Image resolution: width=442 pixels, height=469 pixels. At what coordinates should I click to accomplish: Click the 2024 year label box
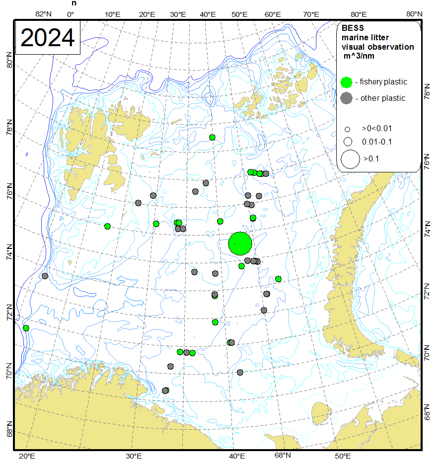point(48,38)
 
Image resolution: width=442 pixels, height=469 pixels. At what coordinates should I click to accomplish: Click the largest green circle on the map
point(240,243)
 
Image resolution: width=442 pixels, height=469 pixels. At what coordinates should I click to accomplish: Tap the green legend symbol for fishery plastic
point(348,82)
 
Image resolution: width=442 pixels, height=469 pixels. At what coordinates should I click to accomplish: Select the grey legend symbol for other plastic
point(348,98)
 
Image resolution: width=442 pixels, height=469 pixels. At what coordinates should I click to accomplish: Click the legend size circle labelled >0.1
point(350,159)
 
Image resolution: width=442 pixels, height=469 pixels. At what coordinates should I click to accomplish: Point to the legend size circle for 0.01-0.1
point(348,142)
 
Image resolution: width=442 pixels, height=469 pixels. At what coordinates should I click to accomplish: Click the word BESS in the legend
point(350,28)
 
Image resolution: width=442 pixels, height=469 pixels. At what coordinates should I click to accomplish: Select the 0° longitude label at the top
point(70,14)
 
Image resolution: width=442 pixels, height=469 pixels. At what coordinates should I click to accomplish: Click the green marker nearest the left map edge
point(26,328)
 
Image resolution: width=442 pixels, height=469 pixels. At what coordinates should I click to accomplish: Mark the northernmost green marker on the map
point(212,137)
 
